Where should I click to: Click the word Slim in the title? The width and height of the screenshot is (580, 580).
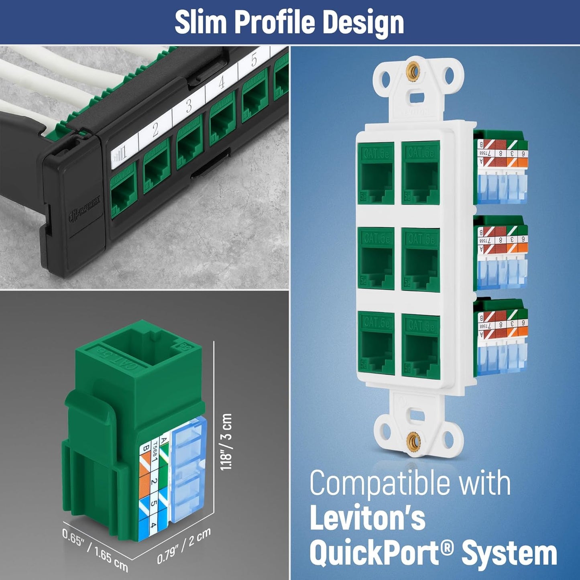[201, 22]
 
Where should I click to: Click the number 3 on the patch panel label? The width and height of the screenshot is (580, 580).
[189, 105]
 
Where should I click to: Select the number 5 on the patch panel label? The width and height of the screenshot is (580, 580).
[254, 61]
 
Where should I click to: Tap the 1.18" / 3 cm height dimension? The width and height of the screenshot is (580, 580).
[227, 442]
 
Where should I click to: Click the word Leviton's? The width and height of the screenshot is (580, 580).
[367, 518]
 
